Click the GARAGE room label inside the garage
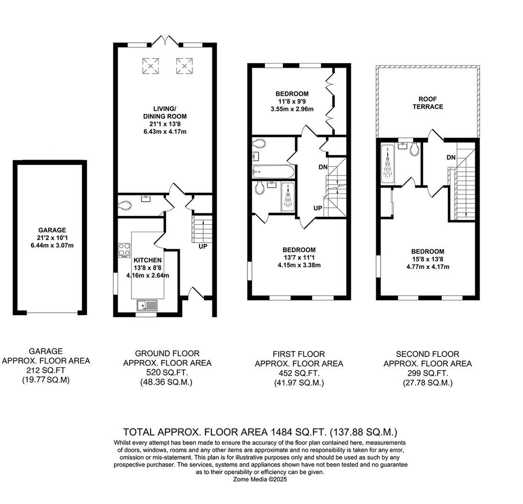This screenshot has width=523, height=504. pos(52,230)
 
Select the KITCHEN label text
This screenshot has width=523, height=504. pos(148,260)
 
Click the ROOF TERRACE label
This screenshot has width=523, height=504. pos(431,103)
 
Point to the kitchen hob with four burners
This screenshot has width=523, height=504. pos(125,250)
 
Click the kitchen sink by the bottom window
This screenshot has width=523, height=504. pos(148,306)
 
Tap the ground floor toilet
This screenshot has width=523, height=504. pos(125,205)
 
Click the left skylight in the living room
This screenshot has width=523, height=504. pos(150,65)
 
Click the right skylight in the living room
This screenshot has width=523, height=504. pos(184,65)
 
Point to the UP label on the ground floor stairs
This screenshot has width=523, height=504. pos(203,246)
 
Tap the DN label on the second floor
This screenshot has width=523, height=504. pos(451,158)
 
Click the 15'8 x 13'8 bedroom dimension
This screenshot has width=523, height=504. pos(428,259)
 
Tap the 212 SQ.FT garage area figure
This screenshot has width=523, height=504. pos(46,371)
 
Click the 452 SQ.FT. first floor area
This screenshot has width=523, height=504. pos(299,373)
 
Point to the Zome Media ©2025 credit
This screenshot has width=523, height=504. pos(260,479)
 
